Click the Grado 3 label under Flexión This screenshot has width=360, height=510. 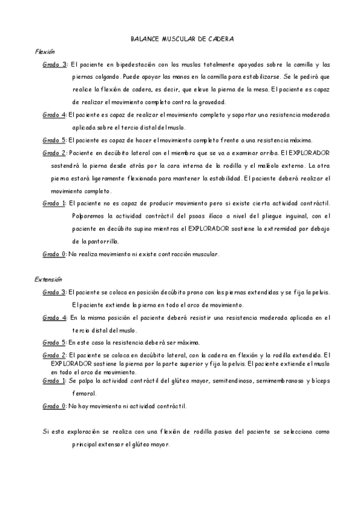click(x=55, y=64)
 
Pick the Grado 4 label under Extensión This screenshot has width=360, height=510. click(x=55, y=317)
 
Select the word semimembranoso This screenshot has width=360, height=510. click(x=281, y=381)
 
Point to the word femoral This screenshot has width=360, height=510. click(x=84, y=393)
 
